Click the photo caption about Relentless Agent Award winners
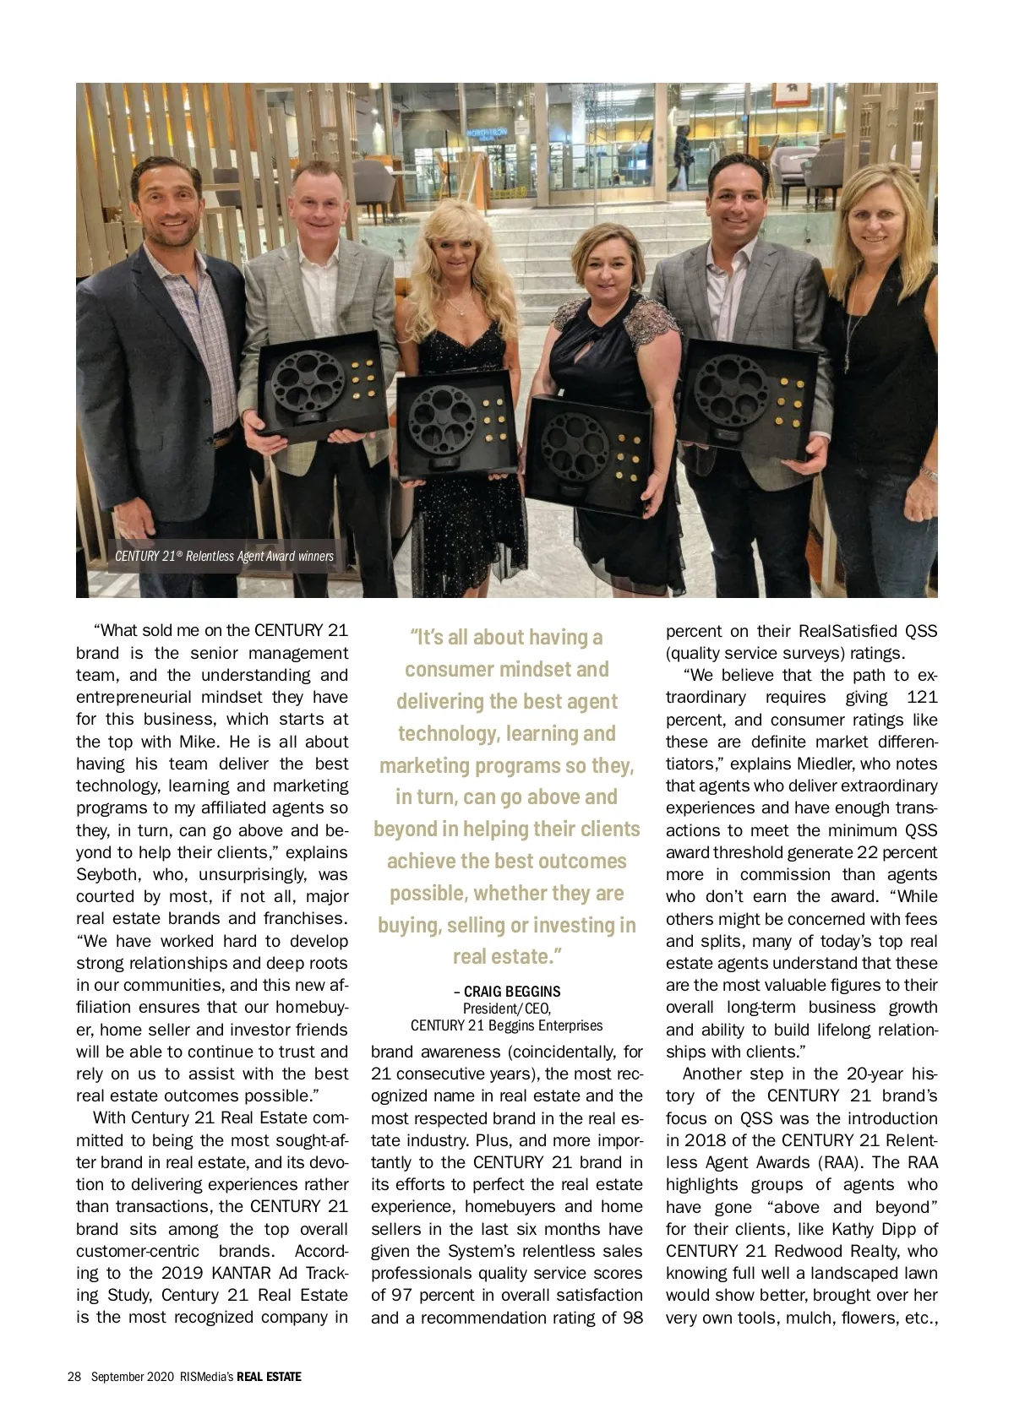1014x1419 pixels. [x=224, y=556]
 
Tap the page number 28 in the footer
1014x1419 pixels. [x=74, y=1376]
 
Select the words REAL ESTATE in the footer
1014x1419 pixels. [x=269, y=1376]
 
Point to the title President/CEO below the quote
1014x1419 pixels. [x=507, y=1008]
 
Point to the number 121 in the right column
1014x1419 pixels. [x=920, y=697]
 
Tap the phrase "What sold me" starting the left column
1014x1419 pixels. [x=149, y=630]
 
